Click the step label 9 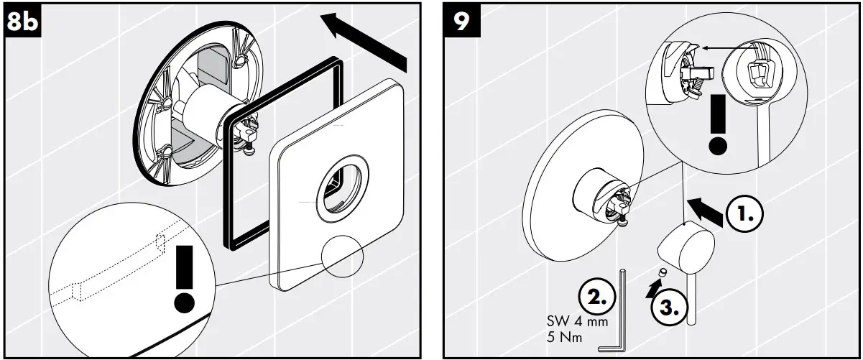461,22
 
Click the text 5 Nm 565,336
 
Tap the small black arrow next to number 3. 652,287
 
